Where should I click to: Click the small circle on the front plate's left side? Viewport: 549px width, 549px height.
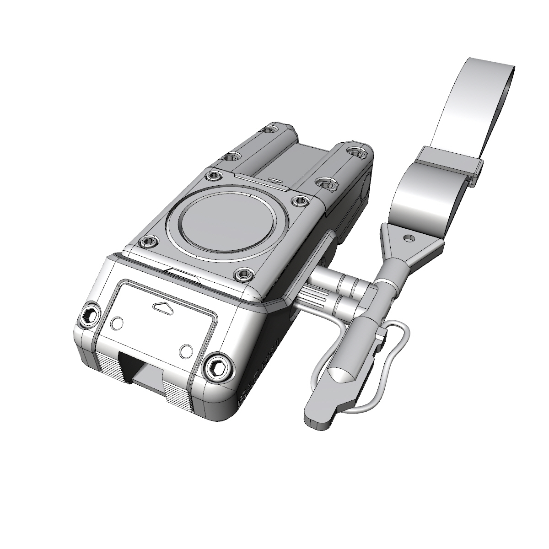pyautogui.click(x=117, y=323)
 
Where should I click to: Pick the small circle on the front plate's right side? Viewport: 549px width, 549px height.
pyautogui.click(x=186, y=351)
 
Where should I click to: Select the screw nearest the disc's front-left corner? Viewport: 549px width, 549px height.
pyautogui.click(x=149, y=242)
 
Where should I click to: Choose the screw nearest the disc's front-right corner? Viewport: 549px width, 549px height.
pyautogui.click(x=243, y=274)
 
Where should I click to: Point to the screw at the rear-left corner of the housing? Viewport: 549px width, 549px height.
pyautogui.click(x=272, y=129)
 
